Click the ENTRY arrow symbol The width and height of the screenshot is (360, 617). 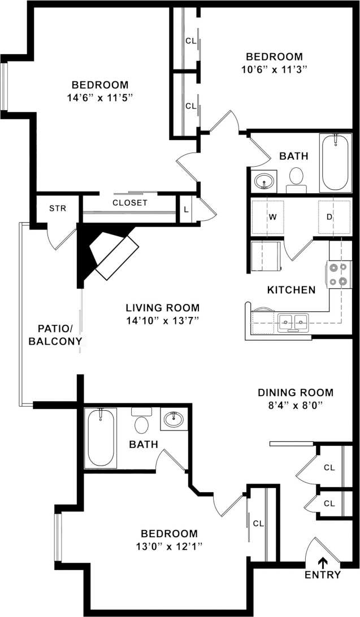click(323, 562)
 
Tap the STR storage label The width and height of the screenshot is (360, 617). click(58, 208)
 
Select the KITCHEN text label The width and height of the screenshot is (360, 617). click(291, 290)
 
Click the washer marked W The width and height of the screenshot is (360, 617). click(272, 216)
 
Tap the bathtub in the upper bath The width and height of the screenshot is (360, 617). click(335, 163)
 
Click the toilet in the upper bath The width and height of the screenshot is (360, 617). click(295, 180)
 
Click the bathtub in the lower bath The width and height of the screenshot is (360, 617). click(101, 438)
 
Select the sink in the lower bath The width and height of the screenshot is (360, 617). click(174, 420)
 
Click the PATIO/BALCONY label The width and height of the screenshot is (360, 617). click(55, 334)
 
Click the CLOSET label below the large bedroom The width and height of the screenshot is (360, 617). click(130, 202)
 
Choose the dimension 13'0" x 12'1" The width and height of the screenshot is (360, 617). click(169, 546)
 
